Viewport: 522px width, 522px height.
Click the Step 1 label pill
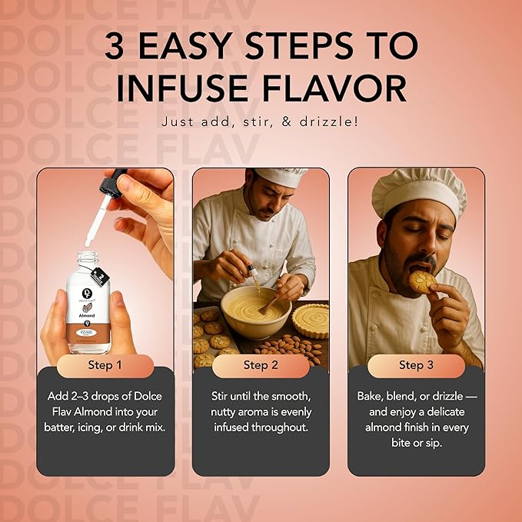pyautogui.click(x=105, y=364)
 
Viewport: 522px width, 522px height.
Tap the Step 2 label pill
pyautogui.click(x=261, y=364)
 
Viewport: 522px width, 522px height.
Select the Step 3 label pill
pyautogui.click(x=416, y=364)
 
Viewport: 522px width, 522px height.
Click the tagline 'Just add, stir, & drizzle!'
pyautogui.click(x=261, y=121)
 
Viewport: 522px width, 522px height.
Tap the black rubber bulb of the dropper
pyautogui.click(x=116, y=185)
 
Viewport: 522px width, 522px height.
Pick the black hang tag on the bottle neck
pyautogui.click(x=98, y=276)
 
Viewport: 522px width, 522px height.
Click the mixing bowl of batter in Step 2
pyautogui.click(x=255, y=311)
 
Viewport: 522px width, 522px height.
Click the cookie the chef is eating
pyautogui.click(x=422, y=281)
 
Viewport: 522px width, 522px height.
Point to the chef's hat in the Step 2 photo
pyautogui.click(x=281, y=177)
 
